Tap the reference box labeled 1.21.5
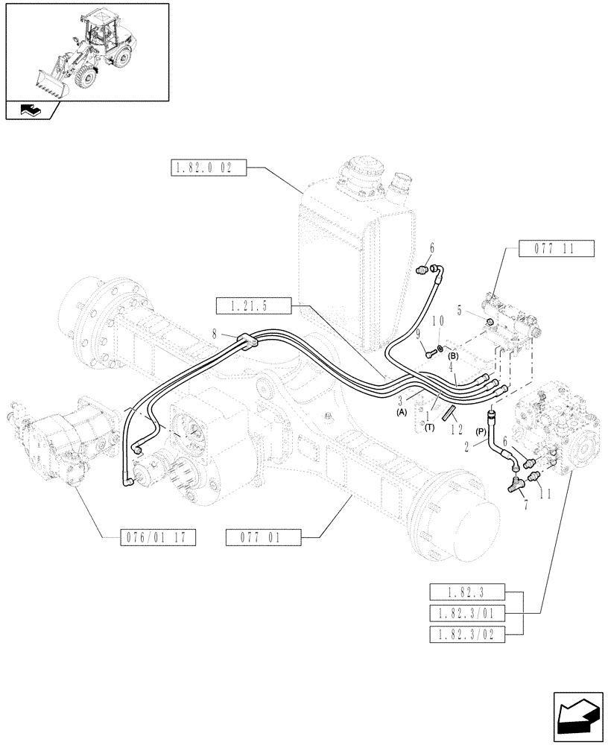(251, 305)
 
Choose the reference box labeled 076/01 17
(156, 536)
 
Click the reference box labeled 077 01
(263, 536)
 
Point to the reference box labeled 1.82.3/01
(467, 613)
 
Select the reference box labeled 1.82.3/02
(467, 634)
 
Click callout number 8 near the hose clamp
(215, 336)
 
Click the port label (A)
(402, 412)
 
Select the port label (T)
(429, 428)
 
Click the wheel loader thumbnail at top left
(86, 52)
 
